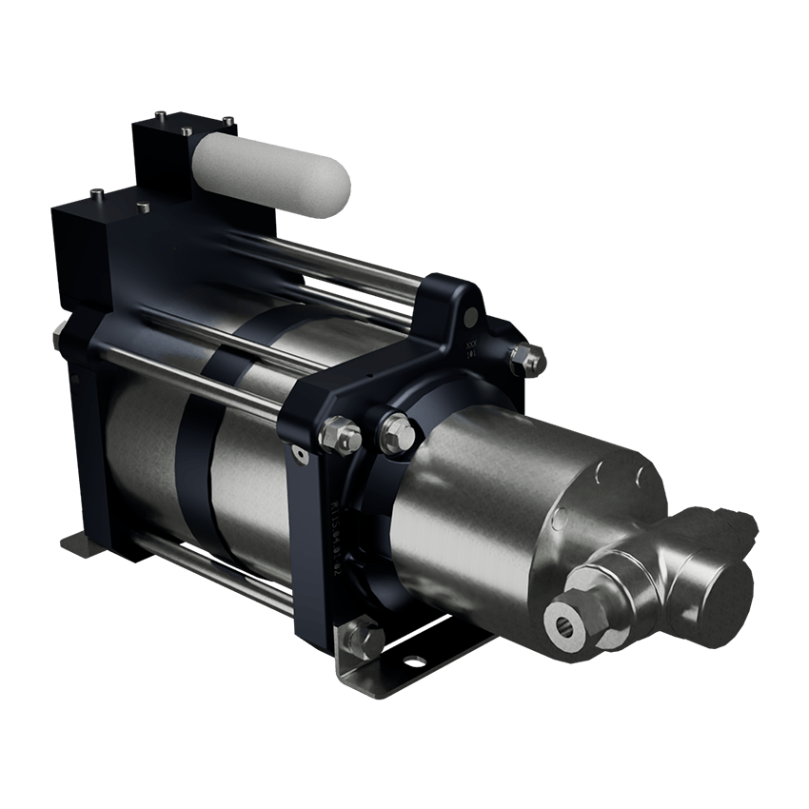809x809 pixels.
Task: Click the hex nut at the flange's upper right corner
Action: click(524, 359)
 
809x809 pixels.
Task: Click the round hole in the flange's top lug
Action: click(471, 313)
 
